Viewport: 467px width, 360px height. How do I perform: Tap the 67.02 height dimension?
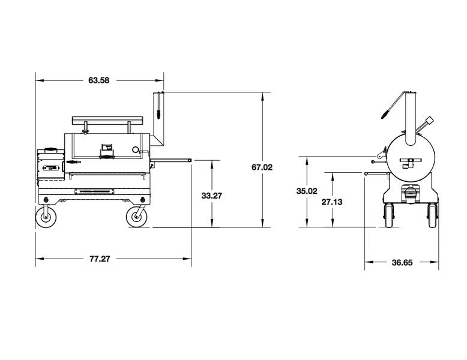tap(262, 168)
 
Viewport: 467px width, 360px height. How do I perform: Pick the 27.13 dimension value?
tap(332, 202)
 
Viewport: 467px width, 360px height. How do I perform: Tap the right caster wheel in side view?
tap(136, 217)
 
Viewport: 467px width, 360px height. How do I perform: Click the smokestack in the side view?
tap(159, 117)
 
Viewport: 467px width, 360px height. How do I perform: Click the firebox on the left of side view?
tap(50, 166)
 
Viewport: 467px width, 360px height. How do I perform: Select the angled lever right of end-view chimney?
tap(424, 126)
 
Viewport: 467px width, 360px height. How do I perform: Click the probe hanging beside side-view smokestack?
tap(158, 108)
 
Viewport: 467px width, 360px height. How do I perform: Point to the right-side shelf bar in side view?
tap(174, 160)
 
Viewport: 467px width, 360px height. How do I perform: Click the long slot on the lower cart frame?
tap(97, 191)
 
